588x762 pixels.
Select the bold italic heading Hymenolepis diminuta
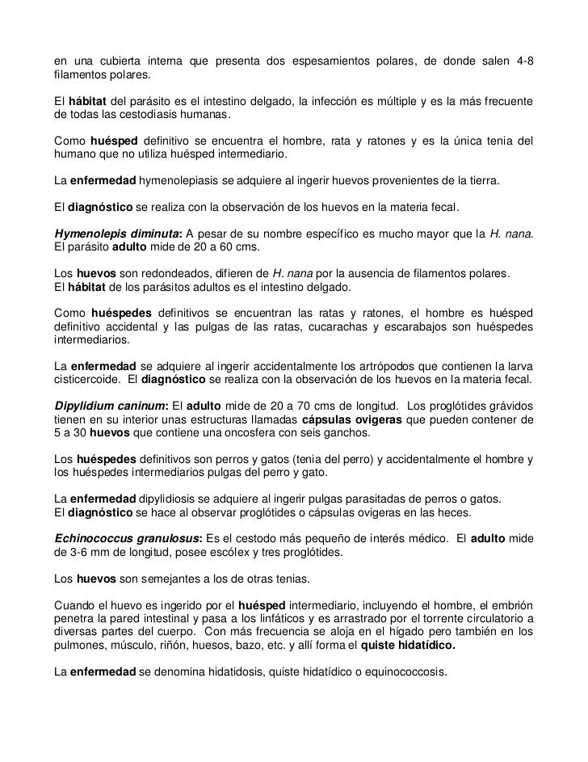[114, 234]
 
